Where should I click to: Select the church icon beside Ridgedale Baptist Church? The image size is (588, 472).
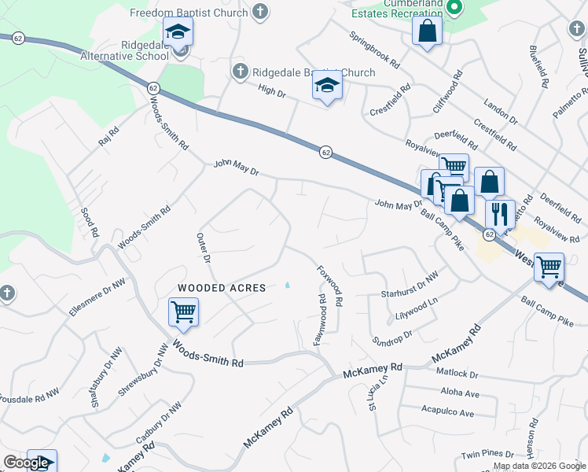pos(241,72)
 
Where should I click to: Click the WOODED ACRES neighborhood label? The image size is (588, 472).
pos(222,288)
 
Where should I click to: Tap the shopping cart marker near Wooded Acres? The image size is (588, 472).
pos(183,312)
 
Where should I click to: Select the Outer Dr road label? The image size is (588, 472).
pos(204,247)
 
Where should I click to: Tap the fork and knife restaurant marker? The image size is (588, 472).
pos(500,213)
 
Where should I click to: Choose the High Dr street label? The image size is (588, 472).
pos(271,92)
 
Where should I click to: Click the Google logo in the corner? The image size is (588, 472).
pos(25,463)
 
